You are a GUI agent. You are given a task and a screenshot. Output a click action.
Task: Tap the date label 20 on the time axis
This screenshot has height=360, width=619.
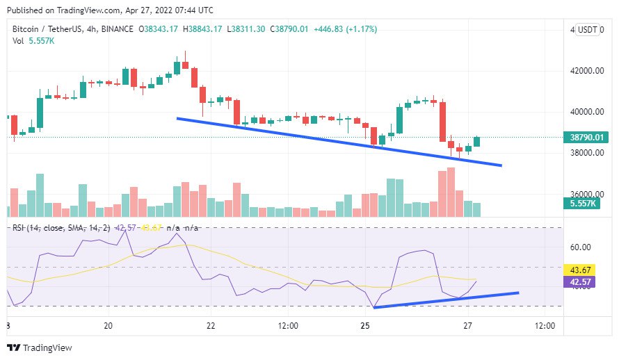[108, 326]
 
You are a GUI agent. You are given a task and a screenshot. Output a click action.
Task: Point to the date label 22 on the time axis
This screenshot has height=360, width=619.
[211, 326]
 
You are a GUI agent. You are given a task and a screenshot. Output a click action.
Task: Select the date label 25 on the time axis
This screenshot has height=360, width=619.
[364, 326]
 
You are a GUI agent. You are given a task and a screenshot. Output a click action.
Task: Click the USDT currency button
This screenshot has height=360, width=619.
[588, 30]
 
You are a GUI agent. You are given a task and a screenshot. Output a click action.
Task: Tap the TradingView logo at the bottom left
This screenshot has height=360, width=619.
[40, 347]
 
